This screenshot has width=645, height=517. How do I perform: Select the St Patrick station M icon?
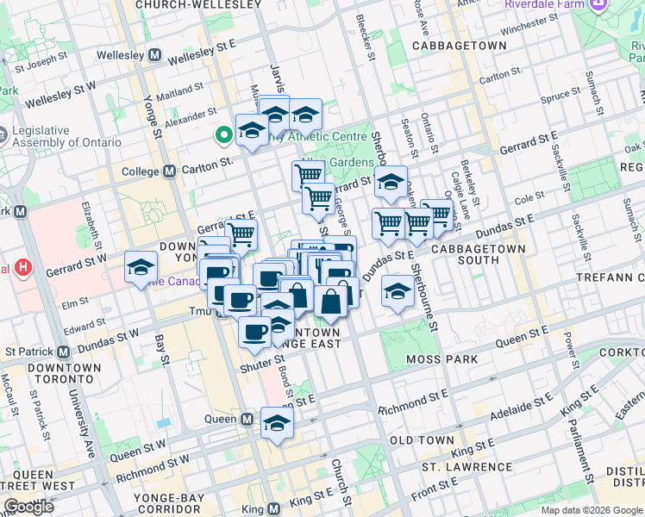(63, 352)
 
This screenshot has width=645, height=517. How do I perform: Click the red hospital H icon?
(23, 268)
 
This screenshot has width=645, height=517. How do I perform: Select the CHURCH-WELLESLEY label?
(198, 5)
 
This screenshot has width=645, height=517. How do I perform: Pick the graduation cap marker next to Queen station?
(277, 423)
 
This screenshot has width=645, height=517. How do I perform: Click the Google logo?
(28, 506)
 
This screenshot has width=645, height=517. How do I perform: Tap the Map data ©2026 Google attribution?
(592, 510)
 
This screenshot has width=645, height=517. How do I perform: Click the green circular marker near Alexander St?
(222, 134)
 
